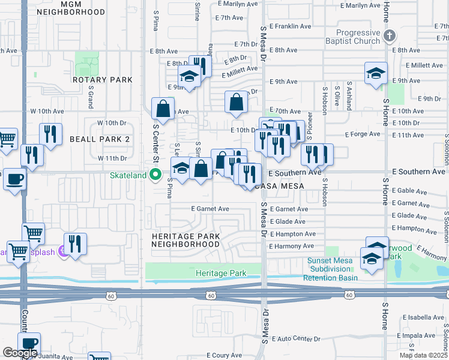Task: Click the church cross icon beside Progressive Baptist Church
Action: click(x=389, y=35)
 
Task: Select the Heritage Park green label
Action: click(x=221, y=274)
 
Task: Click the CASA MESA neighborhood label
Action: click(x=280, y=186)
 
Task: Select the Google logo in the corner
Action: click(x=20, y=352)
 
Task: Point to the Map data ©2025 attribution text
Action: click(x=423, y=355)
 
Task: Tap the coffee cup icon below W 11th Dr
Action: click(x=14, y=179)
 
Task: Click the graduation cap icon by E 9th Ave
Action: click(x=376, y=73)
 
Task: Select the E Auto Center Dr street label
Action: click(x=295, y=339)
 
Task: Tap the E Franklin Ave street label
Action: click(x=291, y=26)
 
